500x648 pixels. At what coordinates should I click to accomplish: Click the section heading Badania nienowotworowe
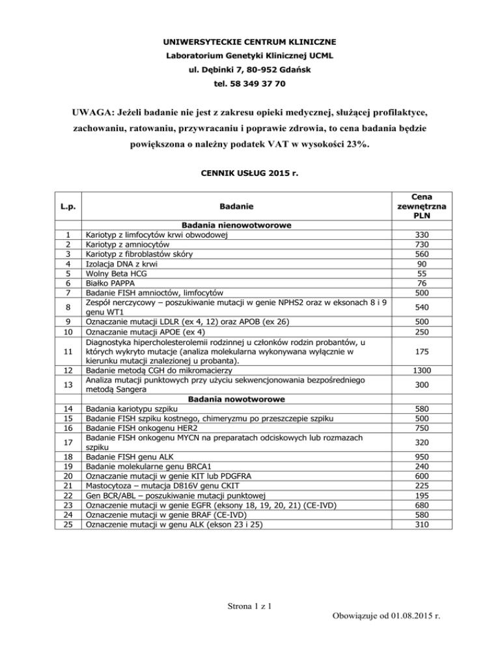point(232,225)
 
